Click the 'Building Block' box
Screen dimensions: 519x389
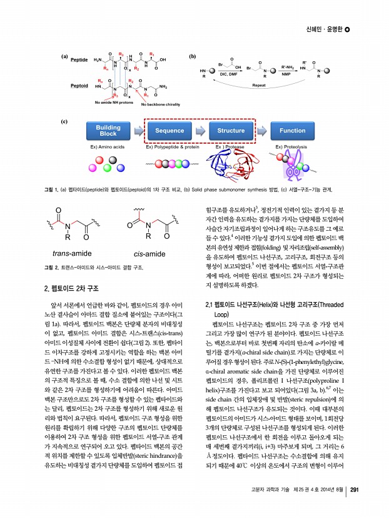point(108,130)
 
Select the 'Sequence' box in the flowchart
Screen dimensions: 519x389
point(169,131)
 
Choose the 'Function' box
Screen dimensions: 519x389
point(293,131)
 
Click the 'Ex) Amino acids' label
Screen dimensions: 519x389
point(108,146)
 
